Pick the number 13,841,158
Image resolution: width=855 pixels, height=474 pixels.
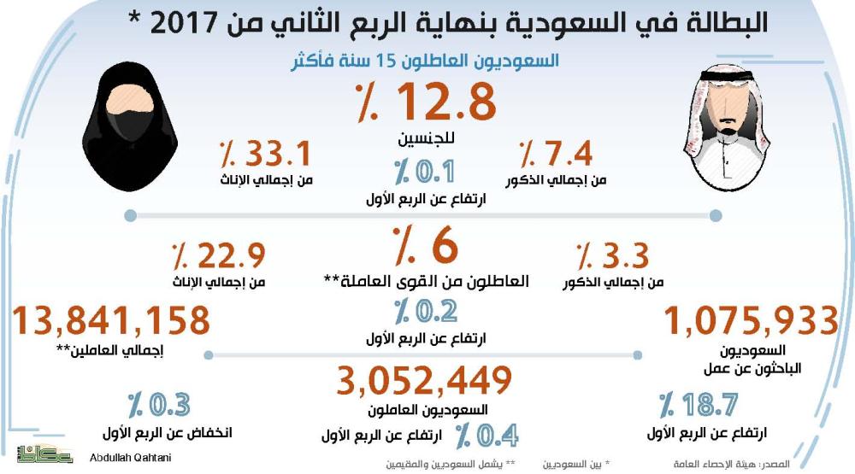[x=111, y=321]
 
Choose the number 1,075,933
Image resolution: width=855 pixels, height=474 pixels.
[x=752, y=321]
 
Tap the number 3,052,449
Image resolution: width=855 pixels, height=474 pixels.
[x=425, y=380]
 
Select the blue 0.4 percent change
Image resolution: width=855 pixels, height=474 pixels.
[x=486, y=436]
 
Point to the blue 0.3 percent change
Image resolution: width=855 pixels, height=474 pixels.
[x=159, y=404]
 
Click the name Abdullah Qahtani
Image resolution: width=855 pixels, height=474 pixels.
[x=131, y=458]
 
